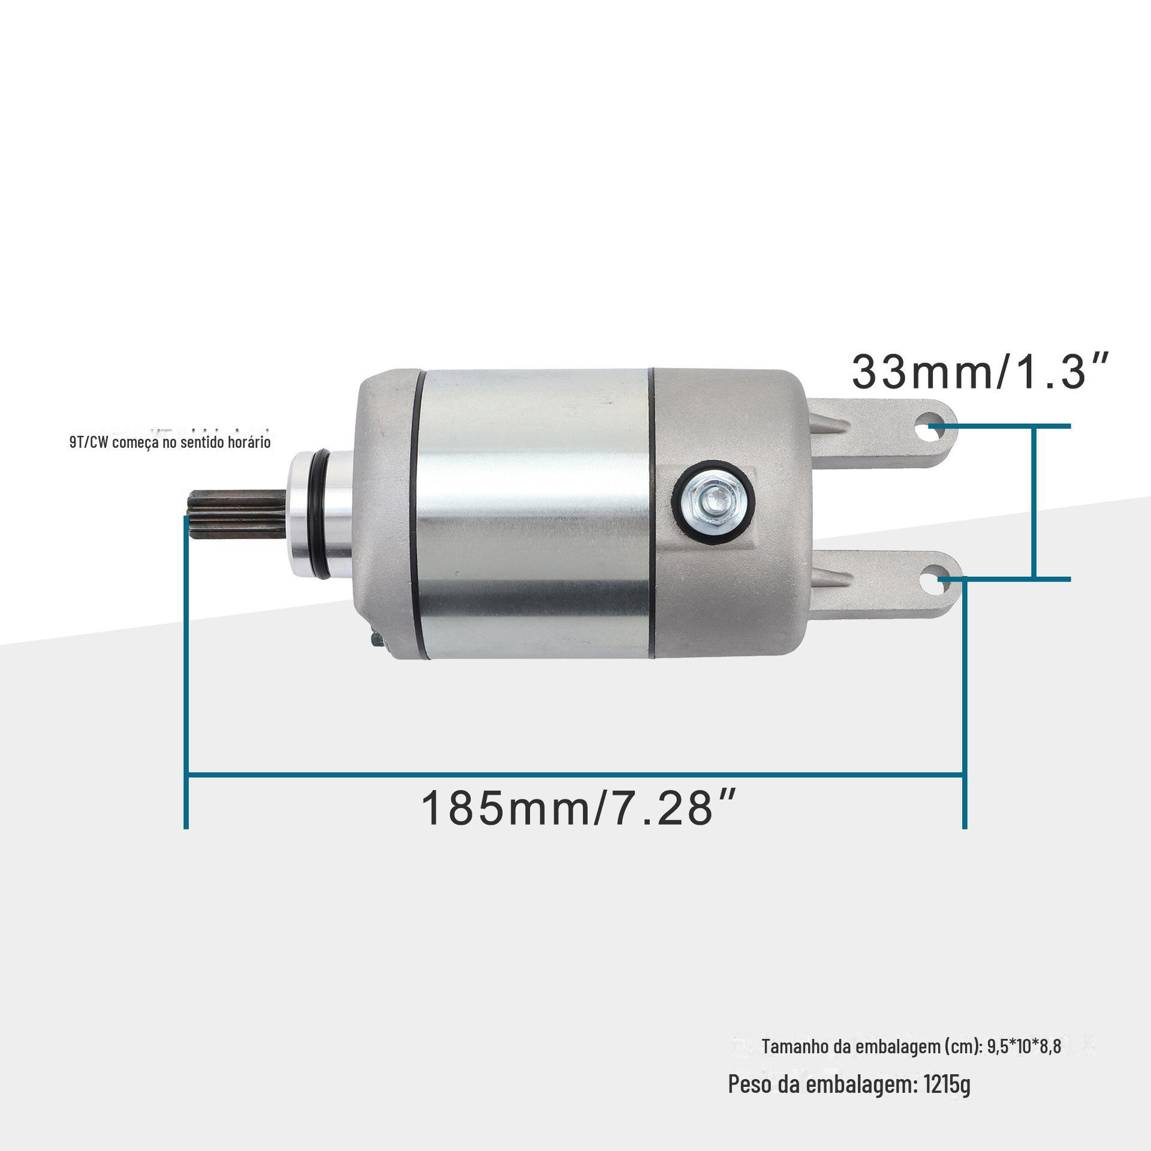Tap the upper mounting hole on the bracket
(926, 429)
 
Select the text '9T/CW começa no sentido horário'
(170, 442)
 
